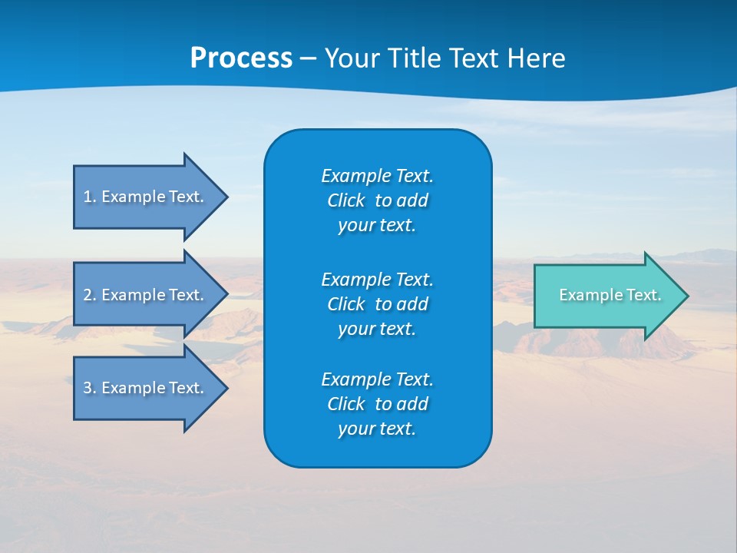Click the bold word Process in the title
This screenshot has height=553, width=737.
point(241,58)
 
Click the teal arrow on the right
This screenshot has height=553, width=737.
point(606,296)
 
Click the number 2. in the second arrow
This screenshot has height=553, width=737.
point(89,295)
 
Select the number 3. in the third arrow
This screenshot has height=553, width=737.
point(89,388)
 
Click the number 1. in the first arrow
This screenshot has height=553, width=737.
point(89,197)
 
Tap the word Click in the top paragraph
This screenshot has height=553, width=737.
point(345,200)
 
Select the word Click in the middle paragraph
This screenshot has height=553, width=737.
point(345,304)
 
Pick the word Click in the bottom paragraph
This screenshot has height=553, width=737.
point(345,404)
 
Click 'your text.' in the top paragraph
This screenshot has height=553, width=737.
point(377,226)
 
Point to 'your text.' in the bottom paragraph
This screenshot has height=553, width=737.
point(377,429)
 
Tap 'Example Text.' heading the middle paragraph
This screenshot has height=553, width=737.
point(377,279)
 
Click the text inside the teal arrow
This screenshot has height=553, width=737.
point(610,295)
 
